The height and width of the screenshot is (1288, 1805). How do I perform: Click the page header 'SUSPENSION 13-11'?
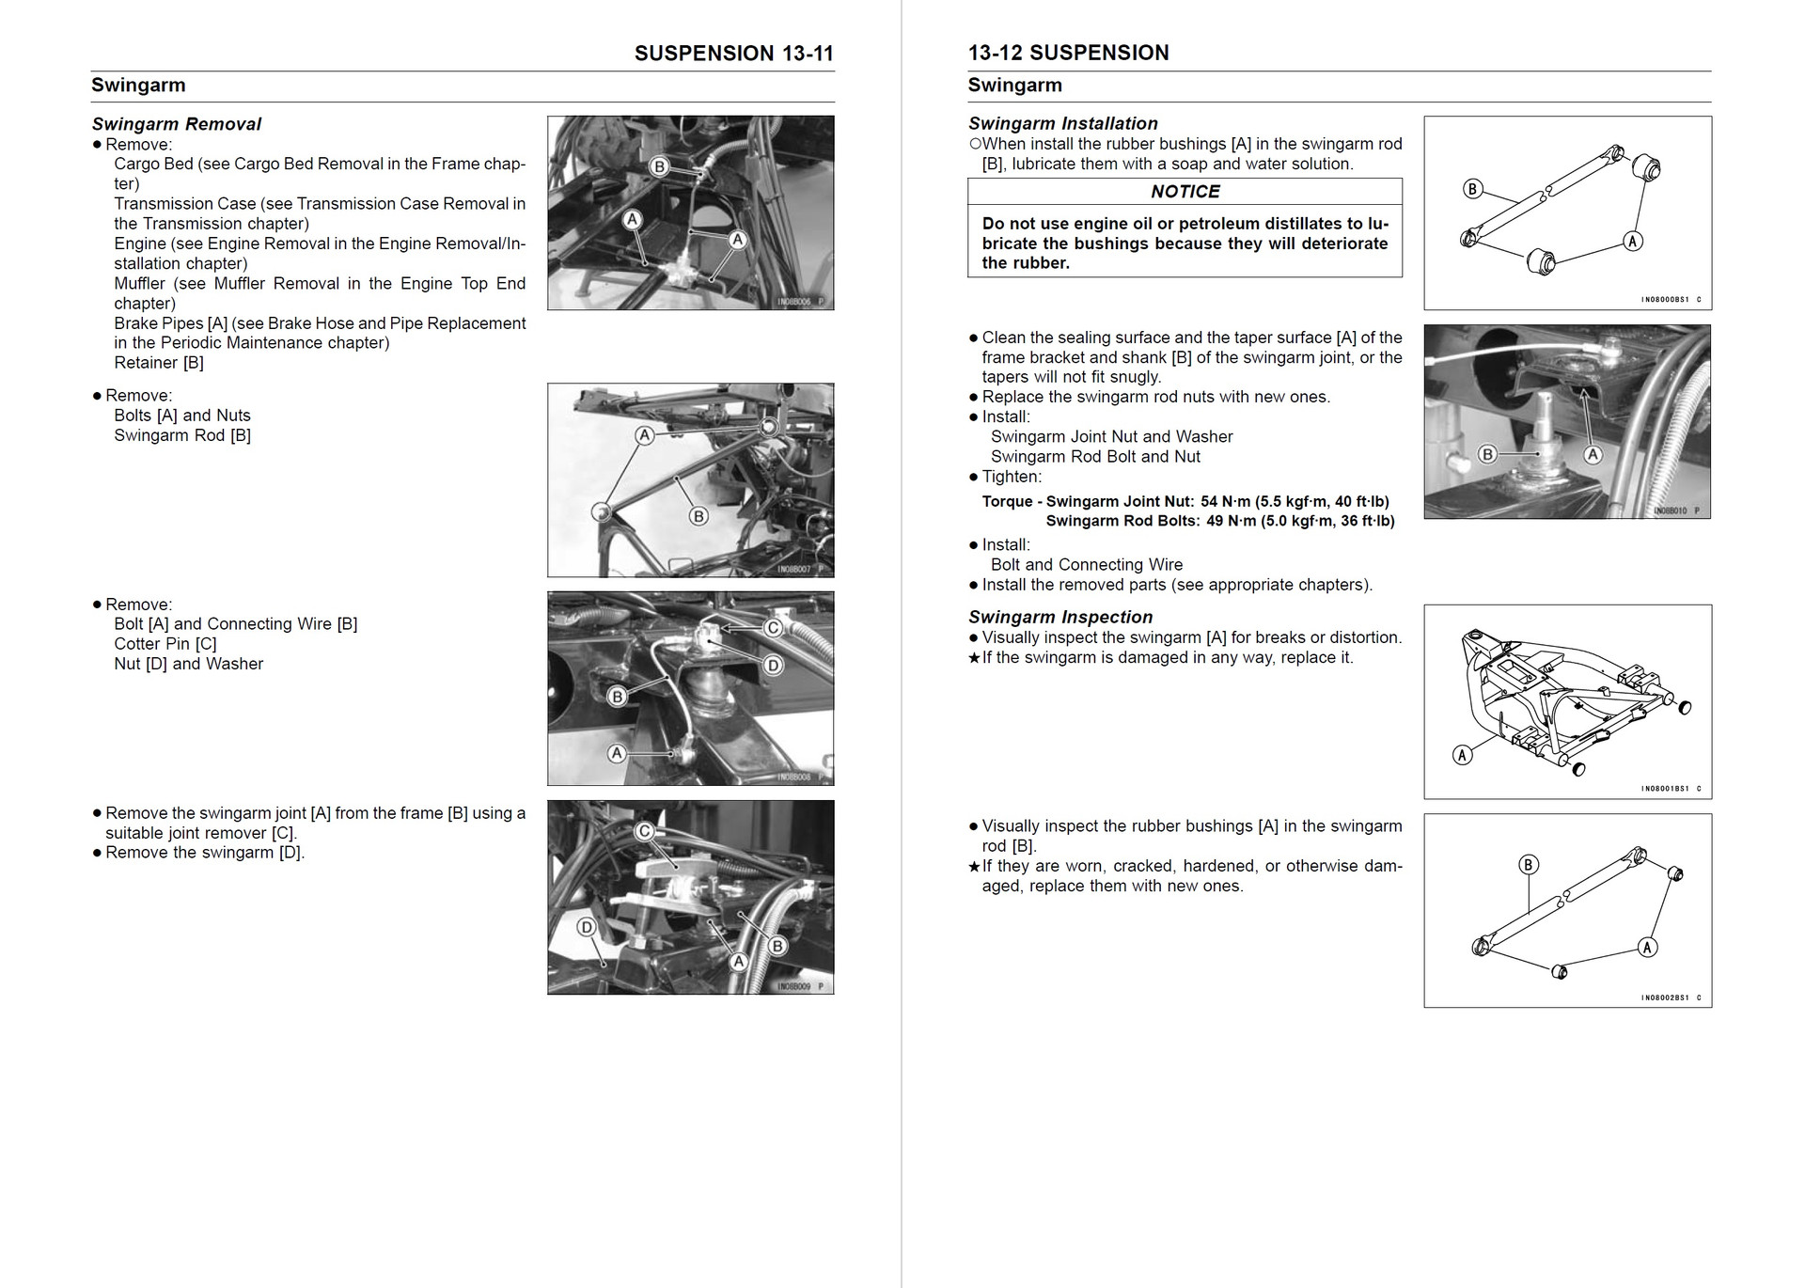733,54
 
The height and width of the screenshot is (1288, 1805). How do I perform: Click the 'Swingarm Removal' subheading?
177,124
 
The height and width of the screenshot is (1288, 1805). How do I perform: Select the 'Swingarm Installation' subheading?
1062,123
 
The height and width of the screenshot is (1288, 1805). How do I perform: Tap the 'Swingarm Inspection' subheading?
1059,617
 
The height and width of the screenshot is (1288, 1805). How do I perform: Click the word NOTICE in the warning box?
1185,192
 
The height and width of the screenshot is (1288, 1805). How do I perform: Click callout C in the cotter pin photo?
773,627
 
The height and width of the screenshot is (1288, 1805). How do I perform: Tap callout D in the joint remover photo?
587,927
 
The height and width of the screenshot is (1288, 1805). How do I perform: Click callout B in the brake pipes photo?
659,166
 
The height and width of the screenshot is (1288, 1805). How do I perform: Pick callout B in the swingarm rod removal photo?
698,515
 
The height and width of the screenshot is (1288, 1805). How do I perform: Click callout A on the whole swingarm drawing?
1462,755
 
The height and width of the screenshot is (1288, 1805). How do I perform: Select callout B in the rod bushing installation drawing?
1472,189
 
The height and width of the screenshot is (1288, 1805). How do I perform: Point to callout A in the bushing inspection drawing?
1647,947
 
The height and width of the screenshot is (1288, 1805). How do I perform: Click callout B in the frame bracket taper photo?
1487,454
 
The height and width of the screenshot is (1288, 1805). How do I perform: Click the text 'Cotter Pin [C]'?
165,644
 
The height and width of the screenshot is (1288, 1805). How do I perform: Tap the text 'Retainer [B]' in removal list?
159,363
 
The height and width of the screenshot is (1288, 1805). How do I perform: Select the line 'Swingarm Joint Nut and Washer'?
1111,437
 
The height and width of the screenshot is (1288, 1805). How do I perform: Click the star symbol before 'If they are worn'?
974,866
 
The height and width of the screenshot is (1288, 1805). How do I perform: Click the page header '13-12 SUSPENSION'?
1068,54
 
